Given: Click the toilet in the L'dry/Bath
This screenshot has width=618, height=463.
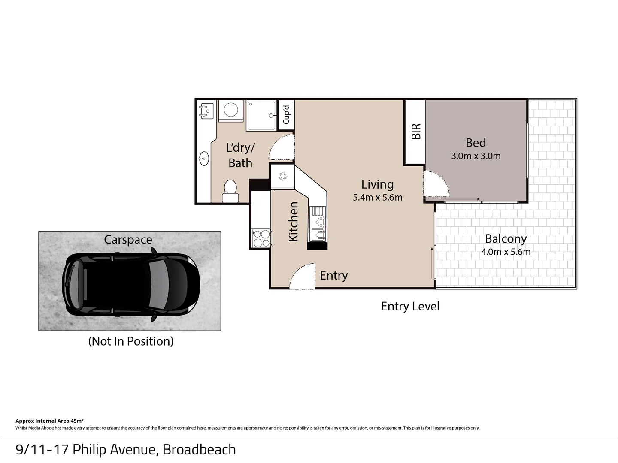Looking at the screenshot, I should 230,191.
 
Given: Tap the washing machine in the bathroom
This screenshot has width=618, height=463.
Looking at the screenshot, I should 231,110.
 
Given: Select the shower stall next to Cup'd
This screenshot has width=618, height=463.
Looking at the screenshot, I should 261,116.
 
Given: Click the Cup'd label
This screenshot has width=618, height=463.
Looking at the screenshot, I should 286,114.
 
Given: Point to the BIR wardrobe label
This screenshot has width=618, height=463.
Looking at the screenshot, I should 416,132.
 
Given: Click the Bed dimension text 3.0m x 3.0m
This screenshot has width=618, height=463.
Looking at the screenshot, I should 476,156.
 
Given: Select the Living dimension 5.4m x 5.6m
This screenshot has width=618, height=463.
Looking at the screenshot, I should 377,198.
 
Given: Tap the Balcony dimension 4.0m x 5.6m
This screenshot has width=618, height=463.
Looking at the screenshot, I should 506,252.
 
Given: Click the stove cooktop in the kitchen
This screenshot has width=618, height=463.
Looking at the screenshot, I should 262,238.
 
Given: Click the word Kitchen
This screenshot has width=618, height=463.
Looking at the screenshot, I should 293,222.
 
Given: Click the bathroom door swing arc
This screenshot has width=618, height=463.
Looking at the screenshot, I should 281,147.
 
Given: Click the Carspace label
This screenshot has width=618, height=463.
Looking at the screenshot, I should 128,240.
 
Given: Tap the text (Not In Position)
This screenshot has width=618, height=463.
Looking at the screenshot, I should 131,341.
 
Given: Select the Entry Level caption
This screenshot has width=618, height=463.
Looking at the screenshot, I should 410,306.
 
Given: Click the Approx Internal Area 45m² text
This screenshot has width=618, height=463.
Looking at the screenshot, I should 49,421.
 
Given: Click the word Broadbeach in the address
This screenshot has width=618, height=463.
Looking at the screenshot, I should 199,449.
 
